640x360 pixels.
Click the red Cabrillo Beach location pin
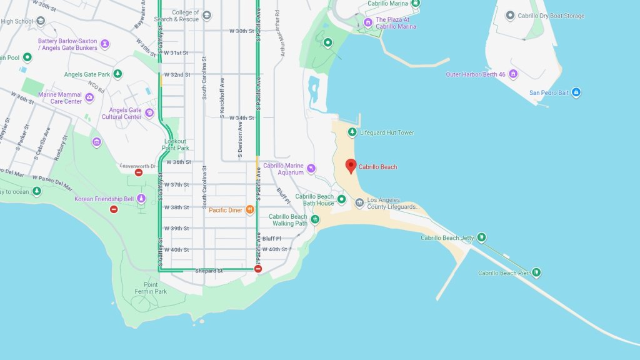coord(351,166)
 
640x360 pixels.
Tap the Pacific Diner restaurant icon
coord(250,210)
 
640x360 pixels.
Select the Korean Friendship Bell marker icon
coord(141,199)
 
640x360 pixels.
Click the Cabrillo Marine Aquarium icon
coord(311,167)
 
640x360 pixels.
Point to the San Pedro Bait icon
coord(576,92)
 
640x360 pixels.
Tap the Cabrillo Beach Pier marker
coord(536,272)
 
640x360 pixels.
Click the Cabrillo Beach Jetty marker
coord(481,237)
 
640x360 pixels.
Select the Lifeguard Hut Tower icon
coord(352,132)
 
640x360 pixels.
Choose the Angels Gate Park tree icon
coord(117,74)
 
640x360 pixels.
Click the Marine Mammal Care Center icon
coord(89,97)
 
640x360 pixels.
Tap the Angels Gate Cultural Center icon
coord(149,113)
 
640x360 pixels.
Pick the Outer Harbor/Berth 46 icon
coord(513,74)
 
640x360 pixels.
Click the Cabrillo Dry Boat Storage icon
coord(510,16)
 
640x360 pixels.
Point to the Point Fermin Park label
coord(151,287)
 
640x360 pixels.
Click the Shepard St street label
coord(209,271)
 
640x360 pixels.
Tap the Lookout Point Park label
coord(176,144)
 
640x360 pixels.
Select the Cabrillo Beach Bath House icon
coord(342,199)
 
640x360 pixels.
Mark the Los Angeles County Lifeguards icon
coord(359,202)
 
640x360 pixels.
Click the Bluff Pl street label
coord(272,238)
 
